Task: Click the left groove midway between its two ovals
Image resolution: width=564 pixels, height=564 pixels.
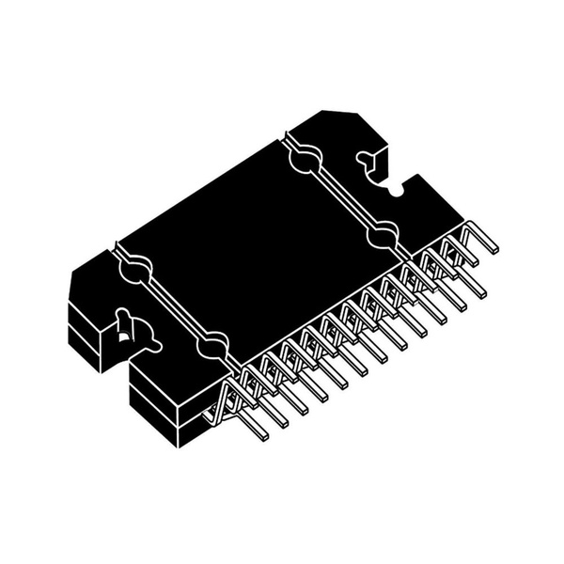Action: pos(172,309)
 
